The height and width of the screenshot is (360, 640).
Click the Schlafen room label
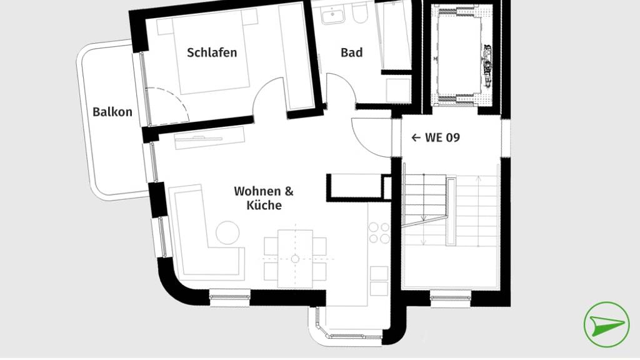click(x=212, y=52)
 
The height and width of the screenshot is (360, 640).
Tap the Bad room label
click(x=351, y=52)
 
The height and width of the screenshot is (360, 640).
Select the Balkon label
click(x=112, y=112)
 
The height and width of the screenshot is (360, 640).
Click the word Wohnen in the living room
click(x=258, y=191)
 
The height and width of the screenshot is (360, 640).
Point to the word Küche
click(x=264, y=205)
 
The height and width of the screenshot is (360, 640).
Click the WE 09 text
click(x=442, y=137)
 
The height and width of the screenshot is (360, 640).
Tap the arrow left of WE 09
click(x=416, y=138)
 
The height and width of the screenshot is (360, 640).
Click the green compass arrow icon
click(x=606, y=324)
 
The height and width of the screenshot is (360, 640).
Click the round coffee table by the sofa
click(x=227, y=232)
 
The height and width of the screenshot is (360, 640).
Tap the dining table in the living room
click(x=296, y=259)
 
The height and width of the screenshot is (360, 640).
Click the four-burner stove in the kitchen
click(x=379, y=232)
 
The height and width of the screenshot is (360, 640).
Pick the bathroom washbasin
click(x=333, y=16)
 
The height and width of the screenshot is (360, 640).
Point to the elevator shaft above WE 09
click(x=463, y=55)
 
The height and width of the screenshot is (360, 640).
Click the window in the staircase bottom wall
click(x=451, y=298)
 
